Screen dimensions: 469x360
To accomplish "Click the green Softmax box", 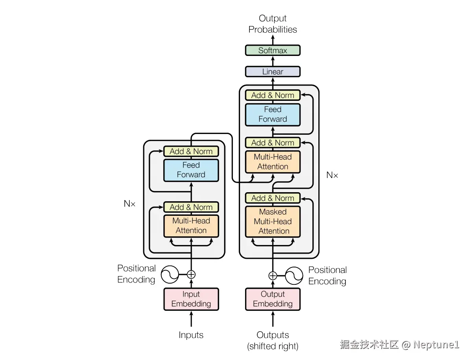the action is coord(273,50).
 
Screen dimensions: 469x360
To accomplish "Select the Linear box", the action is coord(273,72).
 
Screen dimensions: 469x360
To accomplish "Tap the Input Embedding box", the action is coord(191,299).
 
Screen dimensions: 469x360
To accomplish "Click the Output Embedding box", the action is coord(273,299).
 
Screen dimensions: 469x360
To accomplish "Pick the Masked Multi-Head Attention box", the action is coord(273,221).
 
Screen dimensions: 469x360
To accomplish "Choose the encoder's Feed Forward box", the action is coord(191,170).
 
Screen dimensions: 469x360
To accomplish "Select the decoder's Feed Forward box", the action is coord(273,114).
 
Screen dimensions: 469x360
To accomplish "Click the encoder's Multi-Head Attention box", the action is coord(191,226).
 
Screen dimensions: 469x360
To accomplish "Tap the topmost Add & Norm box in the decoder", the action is coord(273,95).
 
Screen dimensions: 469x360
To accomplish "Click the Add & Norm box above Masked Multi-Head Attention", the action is coord(273,198).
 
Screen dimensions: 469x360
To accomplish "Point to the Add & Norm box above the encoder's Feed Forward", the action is coord(191,151).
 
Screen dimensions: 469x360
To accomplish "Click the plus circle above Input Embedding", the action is coord(191,275).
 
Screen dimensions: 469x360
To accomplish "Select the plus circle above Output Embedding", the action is coord(273,276).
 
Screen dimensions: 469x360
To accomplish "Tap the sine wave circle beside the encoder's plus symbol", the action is coord(170,275).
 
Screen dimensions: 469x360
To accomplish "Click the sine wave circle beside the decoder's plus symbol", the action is coord(294,276).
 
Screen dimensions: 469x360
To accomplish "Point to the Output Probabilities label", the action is coord(273,24).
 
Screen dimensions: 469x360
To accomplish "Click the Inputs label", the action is coord(191,335).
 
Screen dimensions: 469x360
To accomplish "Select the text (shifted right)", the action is coord(273,346).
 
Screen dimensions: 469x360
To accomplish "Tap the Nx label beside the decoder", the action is coord(332,175).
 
